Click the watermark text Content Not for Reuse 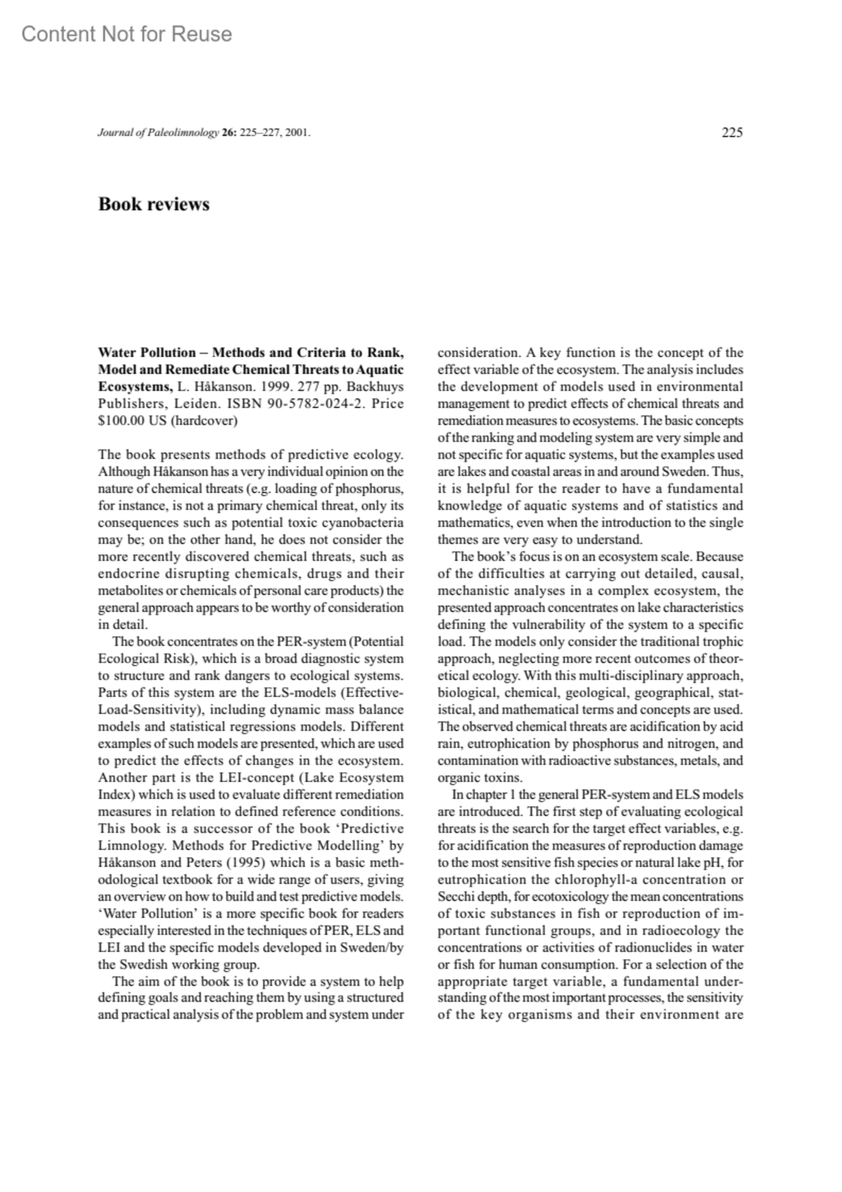tap(126, 34)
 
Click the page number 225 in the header tap(732, 132)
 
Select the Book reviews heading tap(154, 204)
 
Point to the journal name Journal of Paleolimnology tap(159, 133)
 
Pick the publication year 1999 tap(276, 387)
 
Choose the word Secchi tap(456, 896)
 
